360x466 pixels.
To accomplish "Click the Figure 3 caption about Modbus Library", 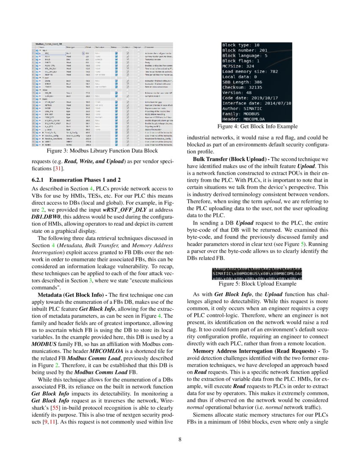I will point(102,151).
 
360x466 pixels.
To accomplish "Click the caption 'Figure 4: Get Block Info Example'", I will point(257,126).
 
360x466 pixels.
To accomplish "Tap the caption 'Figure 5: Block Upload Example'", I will point(257,284).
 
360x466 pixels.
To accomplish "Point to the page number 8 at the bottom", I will point(180,439).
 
